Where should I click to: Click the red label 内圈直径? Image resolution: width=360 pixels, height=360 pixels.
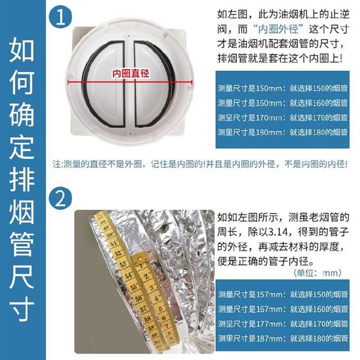[130, 73]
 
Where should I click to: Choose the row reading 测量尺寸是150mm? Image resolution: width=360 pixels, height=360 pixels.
[283, 88]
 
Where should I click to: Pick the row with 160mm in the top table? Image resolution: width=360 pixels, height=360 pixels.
[283, 103]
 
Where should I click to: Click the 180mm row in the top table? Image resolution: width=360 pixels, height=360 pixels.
[283, 132]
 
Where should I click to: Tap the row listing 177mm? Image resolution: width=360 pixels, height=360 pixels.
[283, 324]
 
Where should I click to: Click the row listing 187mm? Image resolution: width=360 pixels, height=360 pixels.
[283, 338]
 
